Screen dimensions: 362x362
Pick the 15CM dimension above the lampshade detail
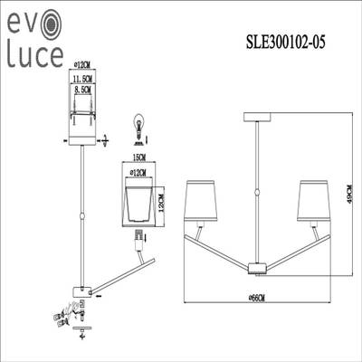tap(138, 158)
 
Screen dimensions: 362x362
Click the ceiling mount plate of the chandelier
tap(256, 117)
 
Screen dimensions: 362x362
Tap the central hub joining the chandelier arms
tap(256, 265)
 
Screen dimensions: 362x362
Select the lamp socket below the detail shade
tap(138, 240)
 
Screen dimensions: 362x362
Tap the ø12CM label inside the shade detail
tap(138, 172)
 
